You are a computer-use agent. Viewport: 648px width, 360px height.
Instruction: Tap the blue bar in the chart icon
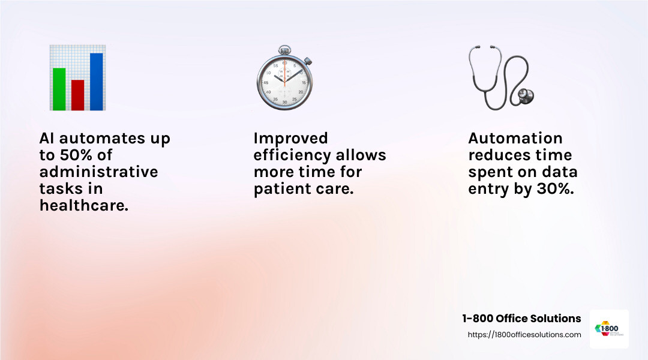pos(96,82)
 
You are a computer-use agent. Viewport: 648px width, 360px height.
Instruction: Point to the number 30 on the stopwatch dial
pos(284,103)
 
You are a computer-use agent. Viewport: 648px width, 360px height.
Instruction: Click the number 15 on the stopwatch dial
pos(304,82)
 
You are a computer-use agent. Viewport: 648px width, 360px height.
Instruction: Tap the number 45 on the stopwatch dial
pos(265,82)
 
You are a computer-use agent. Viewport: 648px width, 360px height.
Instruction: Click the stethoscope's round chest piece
pos(526,95)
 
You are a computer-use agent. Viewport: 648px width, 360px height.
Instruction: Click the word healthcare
pos(84,206)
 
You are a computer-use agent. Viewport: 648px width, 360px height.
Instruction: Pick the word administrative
pos(98,172)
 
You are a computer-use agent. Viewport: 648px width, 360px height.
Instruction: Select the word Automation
pos(515,139)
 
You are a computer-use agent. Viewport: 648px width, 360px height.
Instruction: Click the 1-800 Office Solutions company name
pos(521,319)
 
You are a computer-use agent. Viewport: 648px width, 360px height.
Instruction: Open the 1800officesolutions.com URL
pos(524,335)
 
